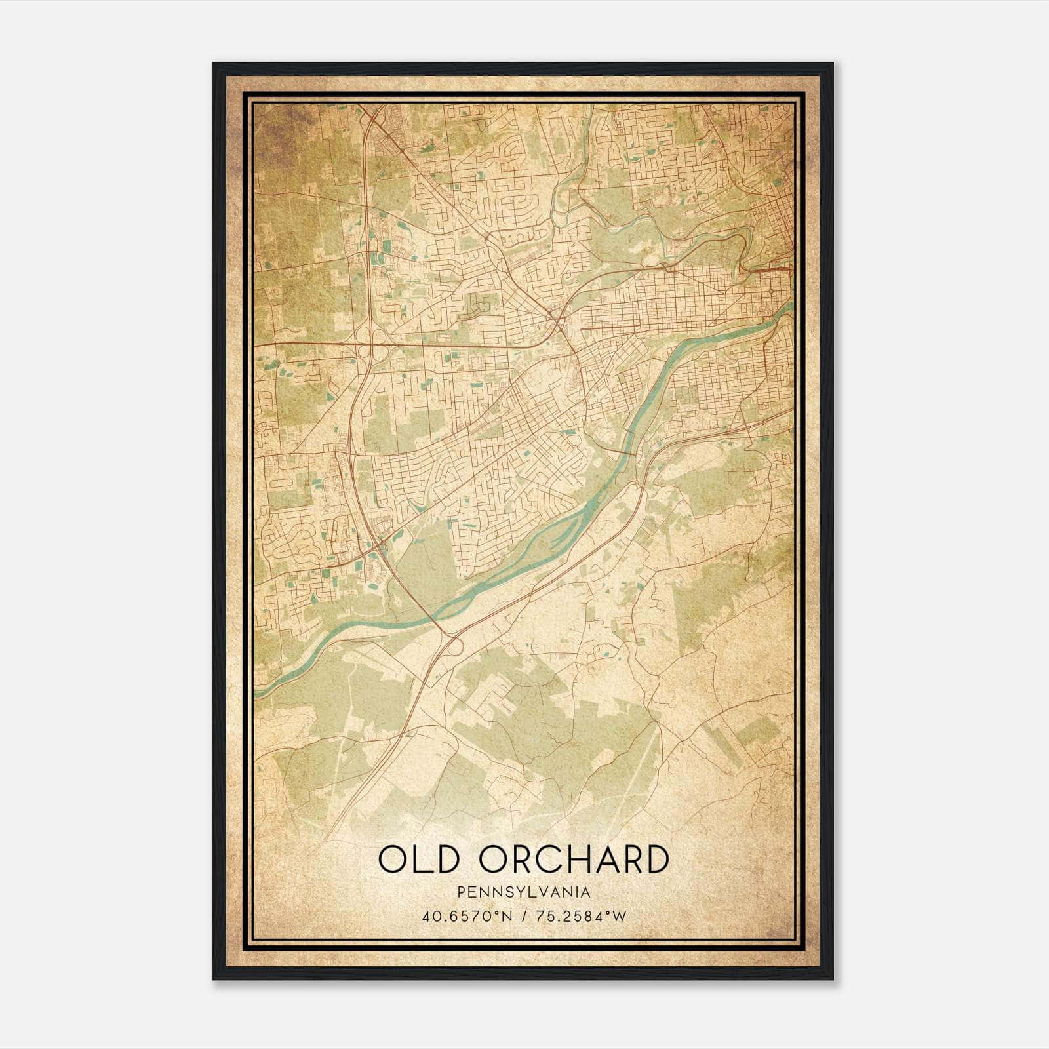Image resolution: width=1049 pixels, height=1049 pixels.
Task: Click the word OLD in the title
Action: [x=418, y=860]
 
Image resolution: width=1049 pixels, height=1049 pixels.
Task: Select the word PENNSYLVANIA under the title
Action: [x=524, y=892]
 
